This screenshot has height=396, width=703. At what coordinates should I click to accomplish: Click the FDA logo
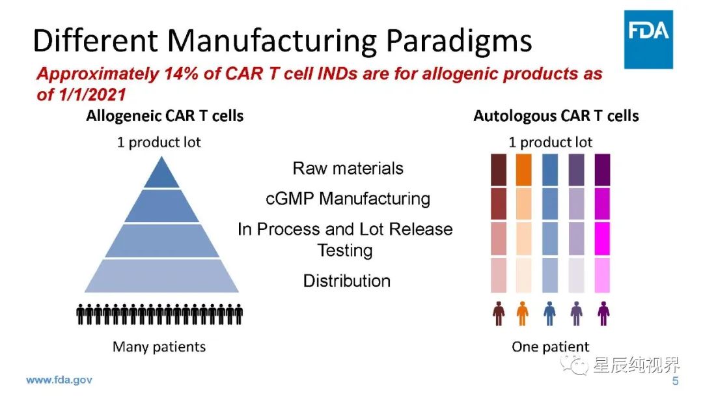point(648,39)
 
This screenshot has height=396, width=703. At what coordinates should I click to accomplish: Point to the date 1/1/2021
point(91,94)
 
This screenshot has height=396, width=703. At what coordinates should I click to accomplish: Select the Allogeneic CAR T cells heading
point(165,117)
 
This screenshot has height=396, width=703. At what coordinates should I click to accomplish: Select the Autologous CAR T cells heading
point(556,117)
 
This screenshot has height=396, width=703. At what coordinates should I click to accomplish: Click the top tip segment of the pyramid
point(161,174)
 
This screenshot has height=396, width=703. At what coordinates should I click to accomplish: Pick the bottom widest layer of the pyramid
point(161,276)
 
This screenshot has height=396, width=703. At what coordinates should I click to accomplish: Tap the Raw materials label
point(348,168)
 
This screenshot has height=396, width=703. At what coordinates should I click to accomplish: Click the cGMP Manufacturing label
point(348,198)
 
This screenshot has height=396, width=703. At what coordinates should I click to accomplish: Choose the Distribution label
point(347,281)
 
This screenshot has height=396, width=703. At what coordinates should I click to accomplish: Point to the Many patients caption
point(159,346)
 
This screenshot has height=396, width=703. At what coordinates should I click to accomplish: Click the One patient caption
point(550,346)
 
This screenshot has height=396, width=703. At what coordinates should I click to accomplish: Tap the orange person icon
point(523,313)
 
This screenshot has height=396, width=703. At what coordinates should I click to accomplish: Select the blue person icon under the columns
point(549,313)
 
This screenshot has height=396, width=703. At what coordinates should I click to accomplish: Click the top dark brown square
point(499,169)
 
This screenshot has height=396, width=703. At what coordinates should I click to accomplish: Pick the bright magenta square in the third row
point(603,237)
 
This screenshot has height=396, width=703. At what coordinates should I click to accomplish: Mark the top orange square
point(523,169)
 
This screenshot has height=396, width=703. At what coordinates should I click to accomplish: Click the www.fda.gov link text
point(59,380)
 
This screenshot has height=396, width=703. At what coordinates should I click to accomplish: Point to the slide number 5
point(675,381)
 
